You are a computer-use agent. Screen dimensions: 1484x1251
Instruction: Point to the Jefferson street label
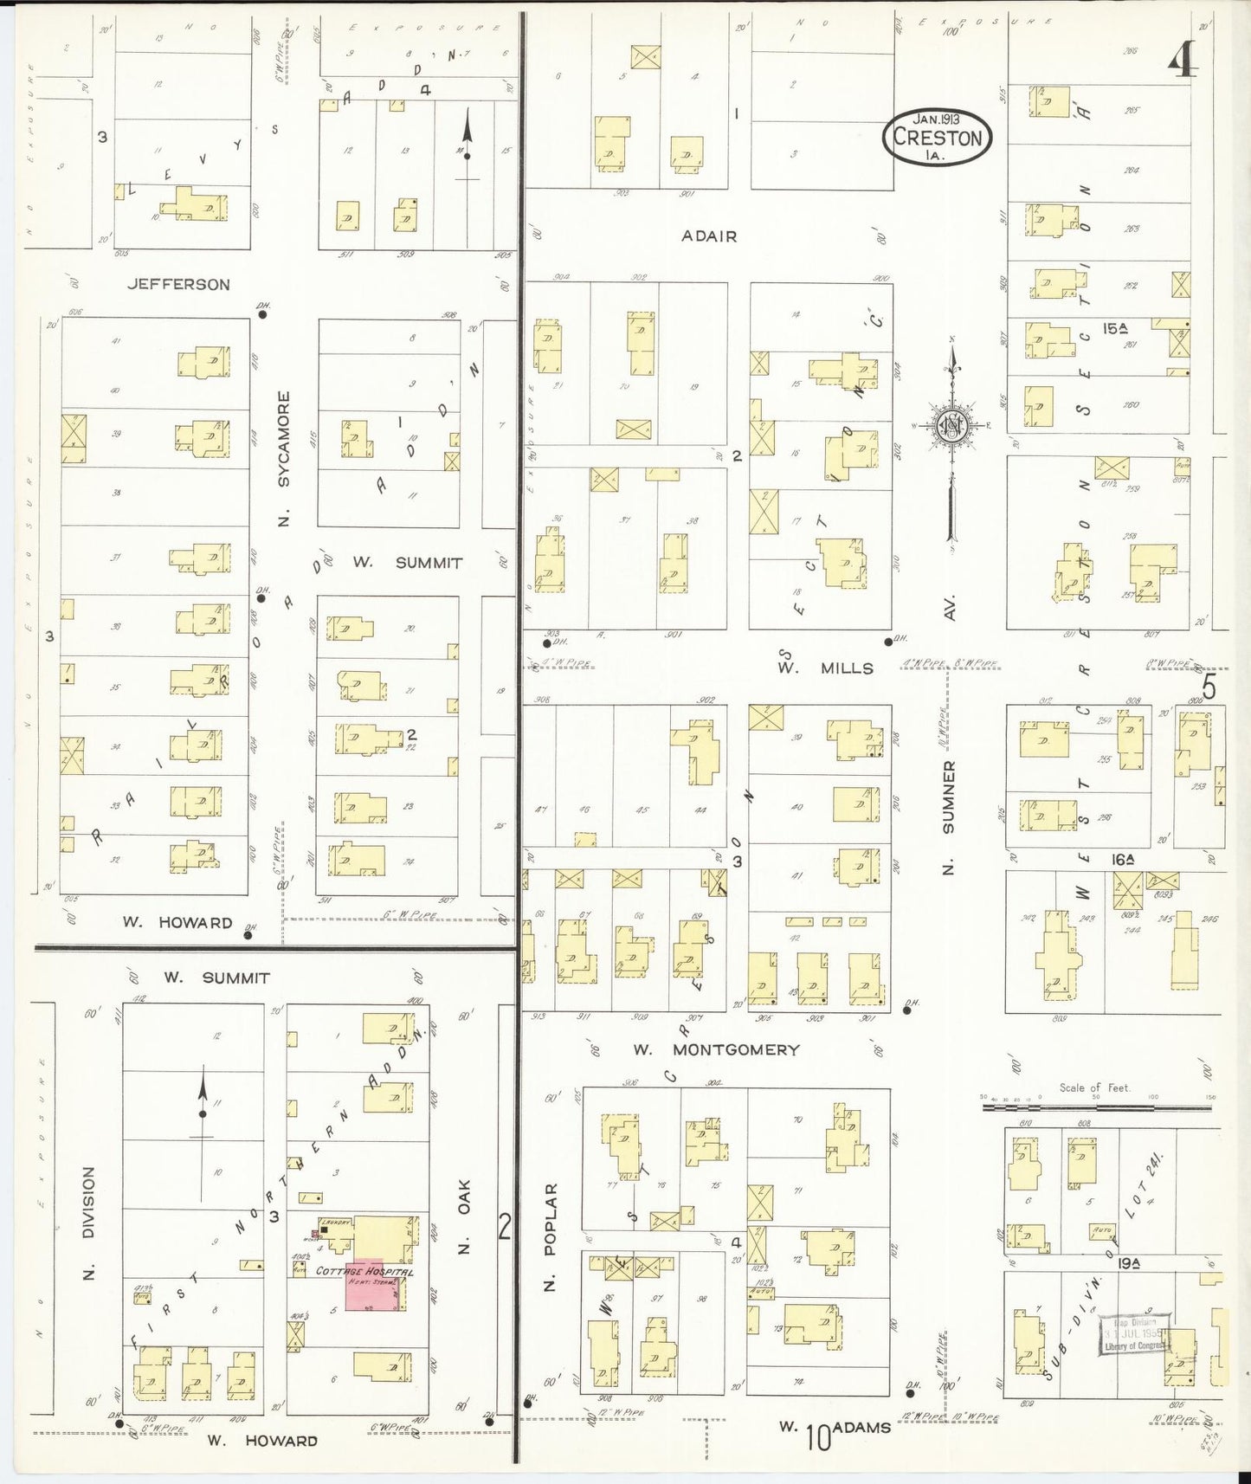click(178, 284)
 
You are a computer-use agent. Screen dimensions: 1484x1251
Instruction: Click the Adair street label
click(709, 236)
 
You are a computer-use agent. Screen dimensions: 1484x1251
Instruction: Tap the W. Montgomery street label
click(715, 1049)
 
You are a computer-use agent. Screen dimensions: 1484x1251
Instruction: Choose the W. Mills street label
click(825, 668)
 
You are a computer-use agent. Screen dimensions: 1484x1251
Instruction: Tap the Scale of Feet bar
click(1095, 1099)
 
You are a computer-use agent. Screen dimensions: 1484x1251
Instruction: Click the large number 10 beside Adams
click(817, 1437)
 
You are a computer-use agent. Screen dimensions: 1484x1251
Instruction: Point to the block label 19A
click(1127, 1263)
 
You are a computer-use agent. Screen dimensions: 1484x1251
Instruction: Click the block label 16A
click(1123, 860)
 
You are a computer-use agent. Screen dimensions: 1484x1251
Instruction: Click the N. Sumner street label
click(949, 818)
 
